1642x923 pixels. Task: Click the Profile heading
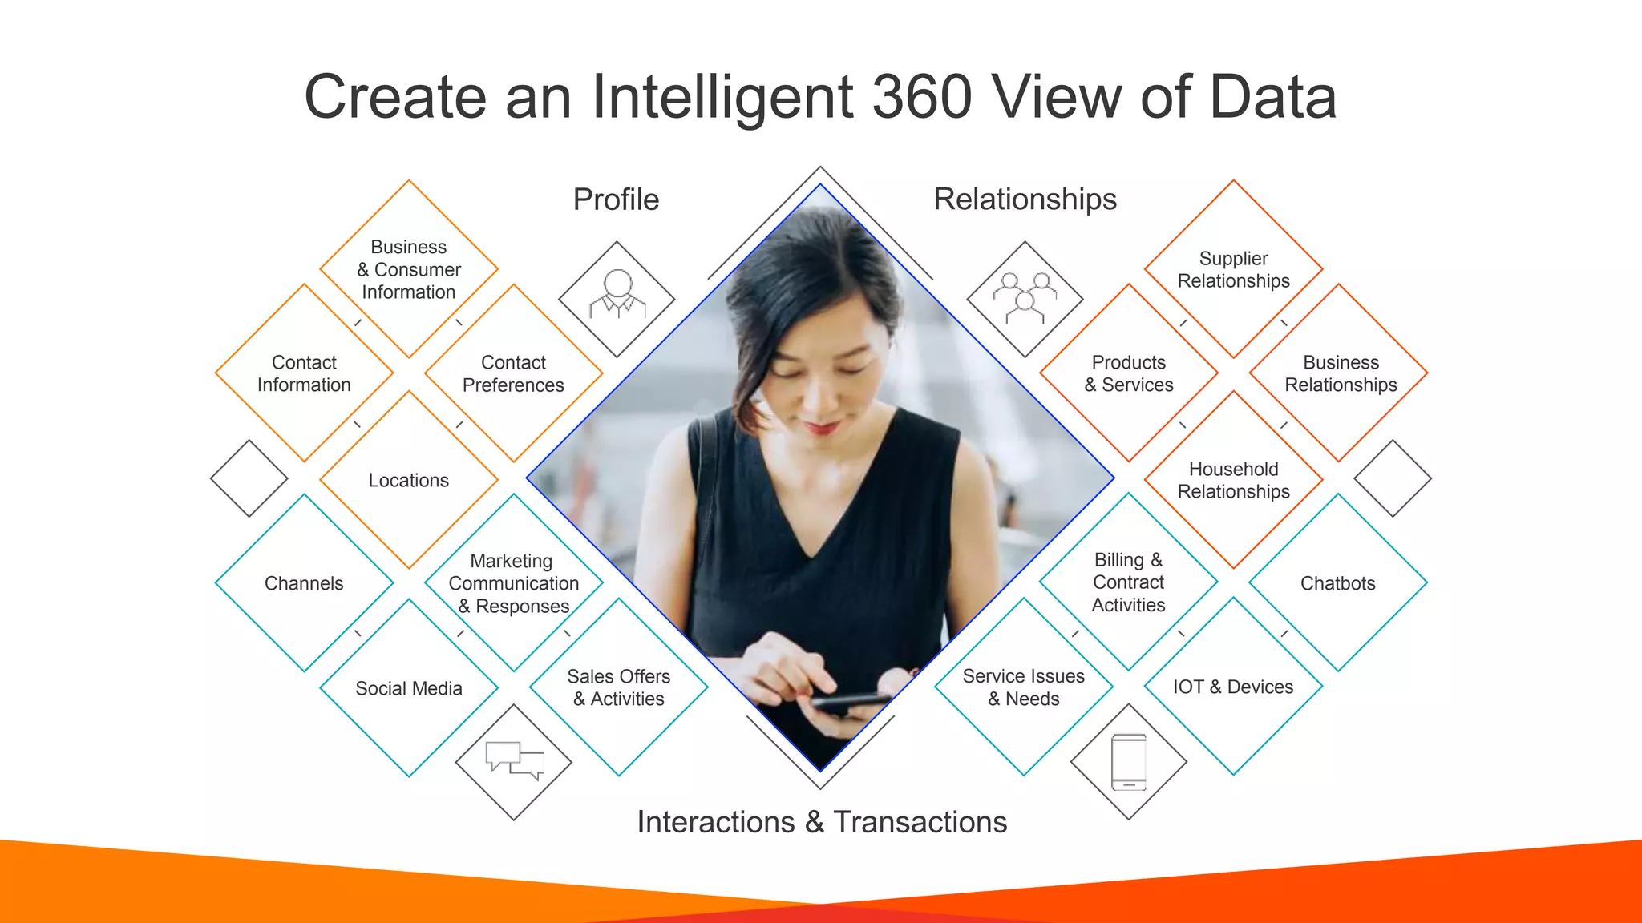tap(616, 200)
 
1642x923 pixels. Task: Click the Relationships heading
tap(1025, 199)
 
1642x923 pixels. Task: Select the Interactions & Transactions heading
tap(822, 822)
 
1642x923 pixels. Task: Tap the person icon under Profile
tap(617, 296)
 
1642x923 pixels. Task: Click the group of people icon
tap(1025, 297)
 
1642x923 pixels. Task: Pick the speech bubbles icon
tap(514, 760)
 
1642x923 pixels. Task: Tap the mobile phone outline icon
tap(1128, 762)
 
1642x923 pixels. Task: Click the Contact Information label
tap(304, 373)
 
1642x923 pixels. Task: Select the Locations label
tap(409, 480)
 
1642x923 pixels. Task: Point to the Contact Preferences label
tap(513, 373)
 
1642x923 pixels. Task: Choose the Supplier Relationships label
tap(1233, 269)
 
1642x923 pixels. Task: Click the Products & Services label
tap(1128, 373)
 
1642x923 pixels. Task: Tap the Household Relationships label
tap(1233, 480)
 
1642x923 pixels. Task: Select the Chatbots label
tap(1337, 583)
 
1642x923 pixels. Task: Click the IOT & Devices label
tap(1233, 687)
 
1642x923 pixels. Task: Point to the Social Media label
tap(409, 688)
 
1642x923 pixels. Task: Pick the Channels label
tap(304, 583)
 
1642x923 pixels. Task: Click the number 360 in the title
tap(921, 97)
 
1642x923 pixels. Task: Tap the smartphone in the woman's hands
tap(850, 702)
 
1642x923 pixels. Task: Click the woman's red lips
tap(821, 428)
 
